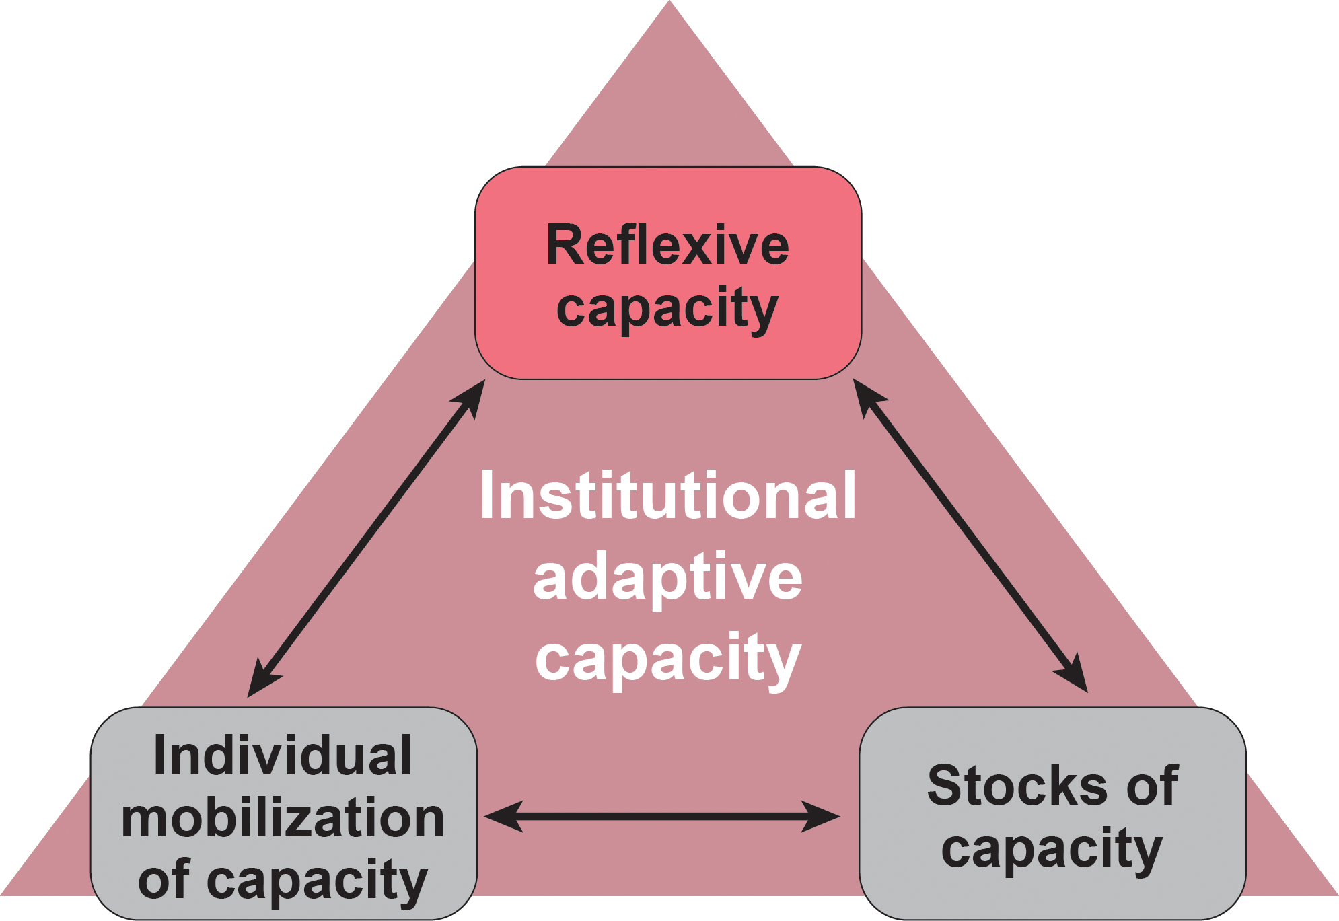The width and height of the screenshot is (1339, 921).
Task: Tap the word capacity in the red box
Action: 667,309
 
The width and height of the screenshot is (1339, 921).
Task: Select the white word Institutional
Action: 667,496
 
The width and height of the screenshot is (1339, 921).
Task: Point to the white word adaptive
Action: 667,577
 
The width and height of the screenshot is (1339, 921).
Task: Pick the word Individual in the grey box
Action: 283,756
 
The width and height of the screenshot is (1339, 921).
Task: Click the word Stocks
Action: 1016,785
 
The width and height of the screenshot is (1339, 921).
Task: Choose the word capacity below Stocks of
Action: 1052,849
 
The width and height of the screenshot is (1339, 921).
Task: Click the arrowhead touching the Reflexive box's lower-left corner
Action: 472,397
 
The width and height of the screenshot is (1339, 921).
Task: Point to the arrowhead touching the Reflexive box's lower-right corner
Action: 866,396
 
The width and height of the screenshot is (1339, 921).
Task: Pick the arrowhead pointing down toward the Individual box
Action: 260,681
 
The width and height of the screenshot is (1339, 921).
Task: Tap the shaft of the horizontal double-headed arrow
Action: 663,817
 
